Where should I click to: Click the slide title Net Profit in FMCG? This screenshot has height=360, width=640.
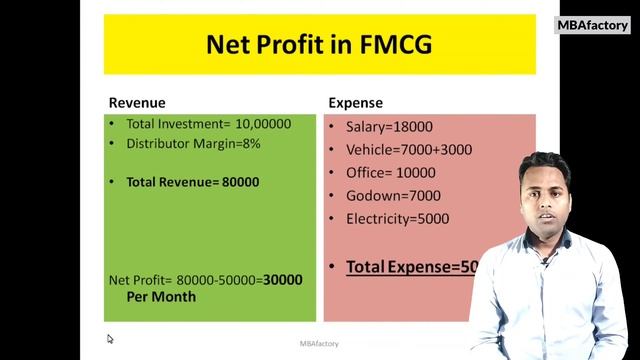coord(319,45)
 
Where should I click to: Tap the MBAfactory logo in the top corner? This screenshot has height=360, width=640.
coord(591,25)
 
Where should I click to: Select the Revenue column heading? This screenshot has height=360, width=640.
coord(137,103)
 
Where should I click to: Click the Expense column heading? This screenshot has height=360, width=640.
coord(355,103)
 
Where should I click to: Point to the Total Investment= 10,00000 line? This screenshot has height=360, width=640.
coord(208,125)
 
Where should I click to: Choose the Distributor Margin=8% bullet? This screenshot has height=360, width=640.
coord(193,144)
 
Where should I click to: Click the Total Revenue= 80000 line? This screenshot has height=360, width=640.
coord(192,182)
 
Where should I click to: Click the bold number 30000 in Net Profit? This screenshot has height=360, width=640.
coord(282,280)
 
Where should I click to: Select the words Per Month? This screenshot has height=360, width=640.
coord(161,297)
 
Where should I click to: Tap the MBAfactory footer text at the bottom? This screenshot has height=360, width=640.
coord(319,344)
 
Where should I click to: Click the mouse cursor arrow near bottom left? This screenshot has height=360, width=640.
coord(110,339)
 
